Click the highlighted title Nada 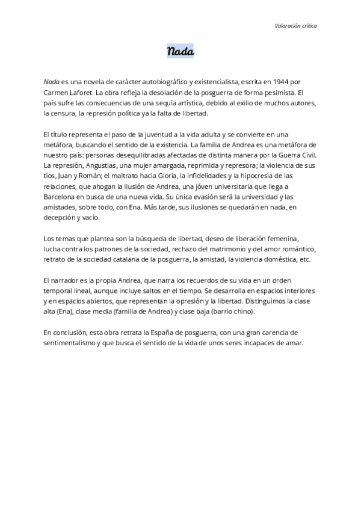tap(180, 52)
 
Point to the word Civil tap(306, 155)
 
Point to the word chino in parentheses tap(241, 312)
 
